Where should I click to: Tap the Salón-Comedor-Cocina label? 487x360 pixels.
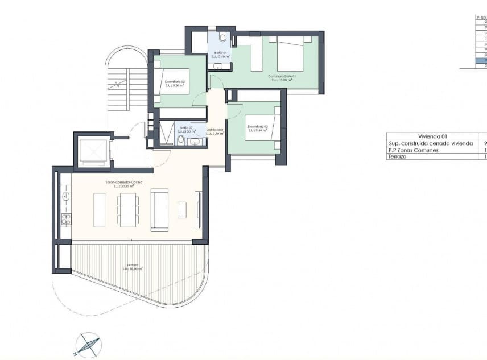[123, 183]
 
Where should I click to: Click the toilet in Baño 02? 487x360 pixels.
[181, 139]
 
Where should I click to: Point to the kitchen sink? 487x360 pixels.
[65, 196]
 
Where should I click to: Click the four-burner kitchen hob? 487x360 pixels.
[66, 220]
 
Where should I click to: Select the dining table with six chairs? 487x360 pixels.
[128, 209]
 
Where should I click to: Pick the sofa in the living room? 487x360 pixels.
[159, 210]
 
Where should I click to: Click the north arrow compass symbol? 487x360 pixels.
[88, 345]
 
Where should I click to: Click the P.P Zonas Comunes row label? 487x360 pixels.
[413, 150]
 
